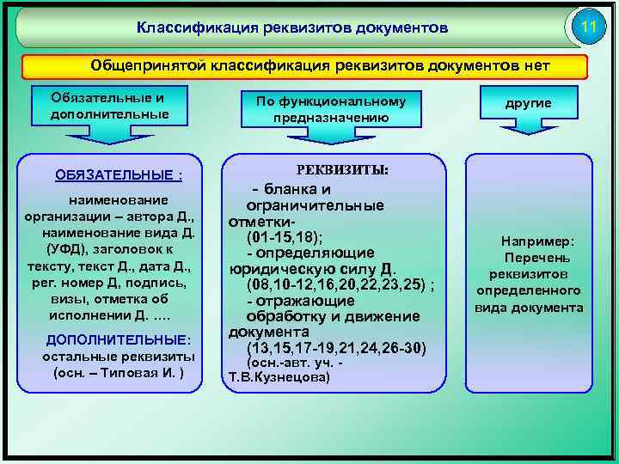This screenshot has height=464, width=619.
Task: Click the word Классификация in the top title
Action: (x=187, y=28)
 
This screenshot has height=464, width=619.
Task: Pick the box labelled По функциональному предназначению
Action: (x=331, y=109)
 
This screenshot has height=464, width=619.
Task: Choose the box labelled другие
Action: (x=528, y=103)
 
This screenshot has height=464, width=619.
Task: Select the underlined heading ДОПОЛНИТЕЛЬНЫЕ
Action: (x=118, y=339)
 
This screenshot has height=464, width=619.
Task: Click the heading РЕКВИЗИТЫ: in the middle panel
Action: (x=343, y=170)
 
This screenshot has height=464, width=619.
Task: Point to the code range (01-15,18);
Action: (x=285, y=237)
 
